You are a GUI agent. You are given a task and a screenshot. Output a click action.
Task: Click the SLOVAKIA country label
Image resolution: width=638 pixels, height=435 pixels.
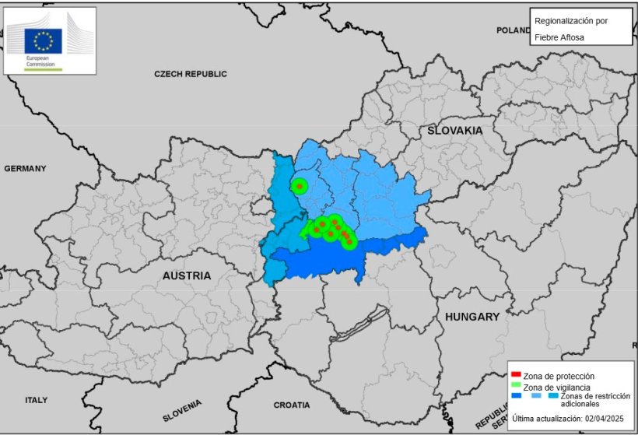tap(454, 131)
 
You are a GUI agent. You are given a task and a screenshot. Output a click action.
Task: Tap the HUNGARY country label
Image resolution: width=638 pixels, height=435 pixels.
tap(471, 317)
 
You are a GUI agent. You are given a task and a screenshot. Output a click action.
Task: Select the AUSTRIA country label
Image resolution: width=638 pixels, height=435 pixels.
tap(187, 275)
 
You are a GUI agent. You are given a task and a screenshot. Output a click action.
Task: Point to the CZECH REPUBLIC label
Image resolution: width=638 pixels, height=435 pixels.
tap(191, 74)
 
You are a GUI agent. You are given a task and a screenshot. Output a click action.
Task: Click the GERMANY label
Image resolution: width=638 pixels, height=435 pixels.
tap(25, 168)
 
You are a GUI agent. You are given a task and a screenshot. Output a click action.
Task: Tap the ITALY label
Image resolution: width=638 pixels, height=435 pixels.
tap(36, 400)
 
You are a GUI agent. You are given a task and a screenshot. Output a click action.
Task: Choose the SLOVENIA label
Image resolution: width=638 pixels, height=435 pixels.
tap(182, 410)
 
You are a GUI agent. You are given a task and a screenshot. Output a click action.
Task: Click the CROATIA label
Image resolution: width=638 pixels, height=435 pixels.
tap(292, 405)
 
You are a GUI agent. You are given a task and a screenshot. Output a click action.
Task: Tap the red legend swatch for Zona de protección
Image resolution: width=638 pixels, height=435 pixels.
tap(516, 374)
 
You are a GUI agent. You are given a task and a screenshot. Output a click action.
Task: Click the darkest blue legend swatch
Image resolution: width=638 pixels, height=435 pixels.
tap(516, 396)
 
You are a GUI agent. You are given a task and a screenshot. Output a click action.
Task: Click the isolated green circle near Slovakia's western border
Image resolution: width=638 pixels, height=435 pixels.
tap(300, 186)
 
